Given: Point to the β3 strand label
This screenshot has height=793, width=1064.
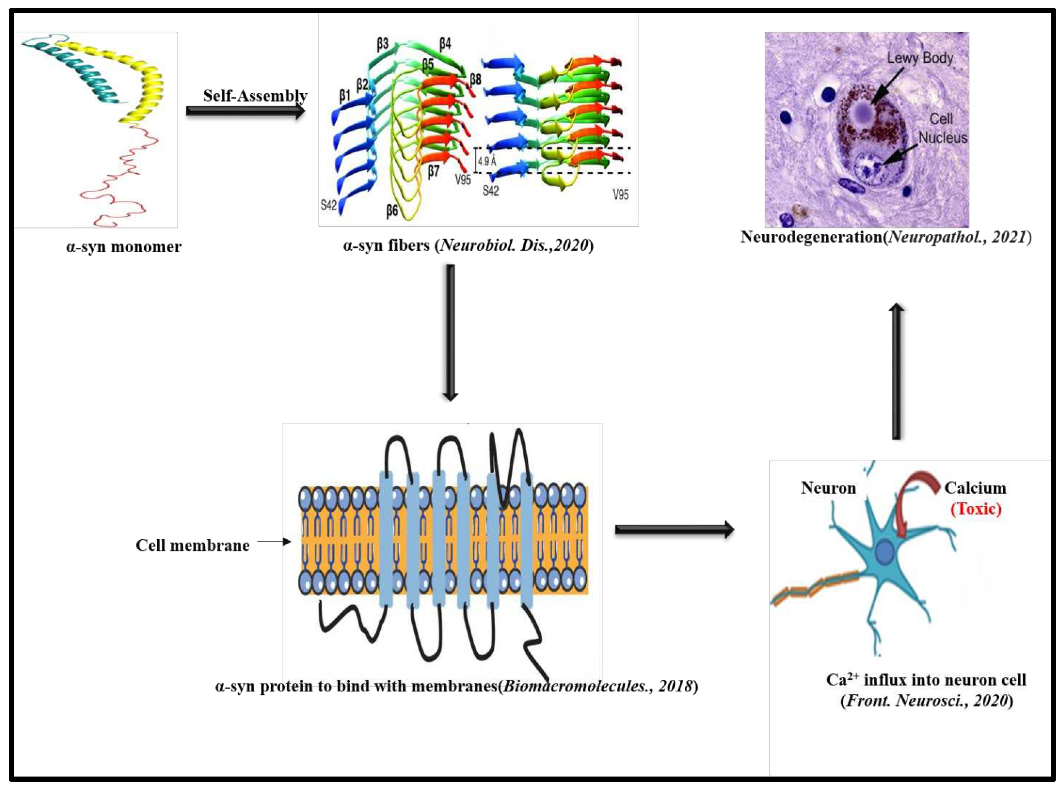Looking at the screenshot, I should pos(383,44).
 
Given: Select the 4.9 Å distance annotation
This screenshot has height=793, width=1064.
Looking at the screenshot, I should pos(486,161).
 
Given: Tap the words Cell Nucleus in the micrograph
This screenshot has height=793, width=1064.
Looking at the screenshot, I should pos(941,128).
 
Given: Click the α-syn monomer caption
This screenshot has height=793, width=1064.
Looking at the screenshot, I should pos(124,247).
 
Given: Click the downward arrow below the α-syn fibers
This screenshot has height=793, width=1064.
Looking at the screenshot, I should pos(450,331).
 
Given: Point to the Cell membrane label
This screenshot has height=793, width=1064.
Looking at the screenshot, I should pos(192,545).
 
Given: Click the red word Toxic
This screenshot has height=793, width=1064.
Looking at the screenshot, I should pos(976,509).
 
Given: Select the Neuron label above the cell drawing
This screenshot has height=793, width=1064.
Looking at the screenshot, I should pos(828,488).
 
